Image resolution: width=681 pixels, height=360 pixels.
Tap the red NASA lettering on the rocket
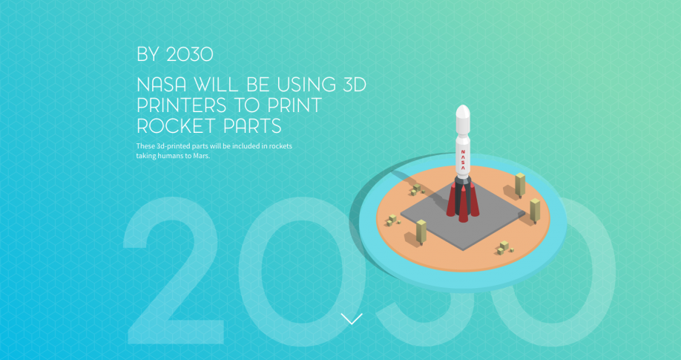463,160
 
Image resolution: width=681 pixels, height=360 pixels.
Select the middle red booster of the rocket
464,203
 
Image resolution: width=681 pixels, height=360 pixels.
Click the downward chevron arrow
352,318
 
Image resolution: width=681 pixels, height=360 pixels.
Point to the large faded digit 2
174,278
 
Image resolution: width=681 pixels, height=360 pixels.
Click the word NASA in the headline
162,85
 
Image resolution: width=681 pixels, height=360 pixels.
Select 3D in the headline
355,85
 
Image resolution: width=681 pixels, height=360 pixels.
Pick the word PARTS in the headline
253,126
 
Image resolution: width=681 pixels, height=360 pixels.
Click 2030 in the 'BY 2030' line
190,54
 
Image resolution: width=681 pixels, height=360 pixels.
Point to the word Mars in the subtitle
202,156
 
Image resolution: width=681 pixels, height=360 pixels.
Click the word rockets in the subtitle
280,146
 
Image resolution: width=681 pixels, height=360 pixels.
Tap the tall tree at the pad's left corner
421,232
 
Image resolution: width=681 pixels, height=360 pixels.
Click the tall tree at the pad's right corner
535,211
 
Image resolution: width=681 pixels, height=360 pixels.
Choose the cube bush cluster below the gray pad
504,248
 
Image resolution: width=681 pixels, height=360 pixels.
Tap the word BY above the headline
148,54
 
